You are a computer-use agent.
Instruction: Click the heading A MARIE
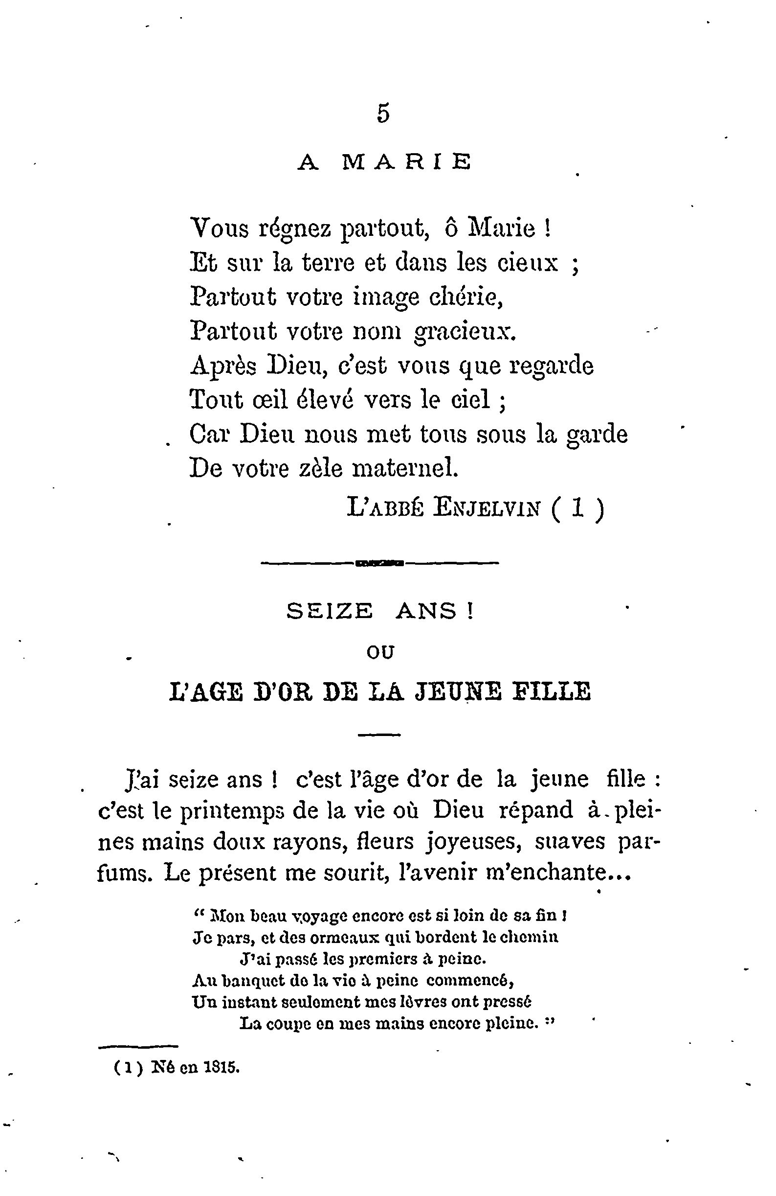[x=384, y=162]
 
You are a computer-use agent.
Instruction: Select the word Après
[x=223, y=366]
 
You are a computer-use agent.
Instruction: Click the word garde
[x=596, y=434]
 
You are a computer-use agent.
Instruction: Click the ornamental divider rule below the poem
[x=380, y=563]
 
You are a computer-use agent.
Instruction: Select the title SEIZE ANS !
[x=380, y=611]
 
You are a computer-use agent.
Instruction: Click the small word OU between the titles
[x=380, y=652]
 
